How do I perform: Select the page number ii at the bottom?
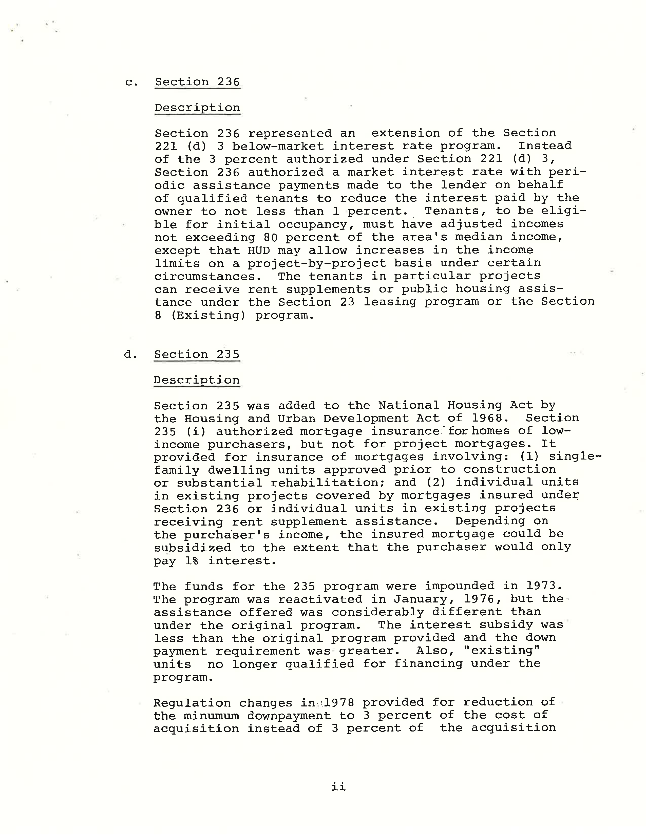(x=338, y=786)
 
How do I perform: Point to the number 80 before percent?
(x=270, y=237)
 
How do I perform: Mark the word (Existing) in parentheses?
(x=208, y=316)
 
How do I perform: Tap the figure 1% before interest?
(x=191, y=561)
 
